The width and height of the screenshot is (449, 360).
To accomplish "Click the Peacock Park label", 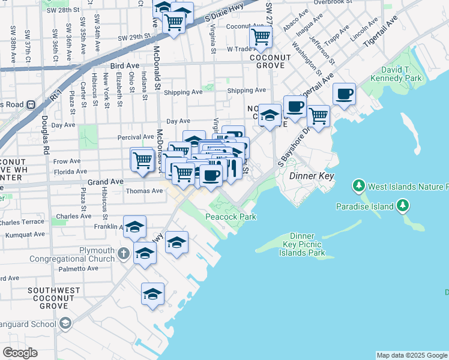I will (231, 217).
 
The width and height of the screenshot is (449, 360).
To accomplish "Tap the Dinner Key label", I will (311, 176).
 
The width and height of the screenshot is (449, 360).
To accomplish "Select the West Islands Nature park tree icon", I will (360, 185).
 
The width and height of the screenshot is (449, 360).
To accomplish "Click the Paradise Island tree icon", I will (403, 206).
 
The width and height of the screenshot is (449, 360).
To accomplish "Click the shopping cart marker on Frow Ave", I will (142, 160).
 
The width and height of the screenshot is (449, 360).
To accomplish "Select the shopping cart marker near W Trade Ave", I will (261, 37).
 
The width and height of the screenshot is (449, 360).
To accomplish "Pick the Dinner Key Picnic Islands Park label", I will (306, 245).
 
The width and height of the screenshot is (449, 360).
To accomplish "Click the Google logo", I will (20, 353).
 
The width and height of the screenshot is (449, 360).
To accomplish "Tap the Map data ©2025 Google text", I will (411, 355).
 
